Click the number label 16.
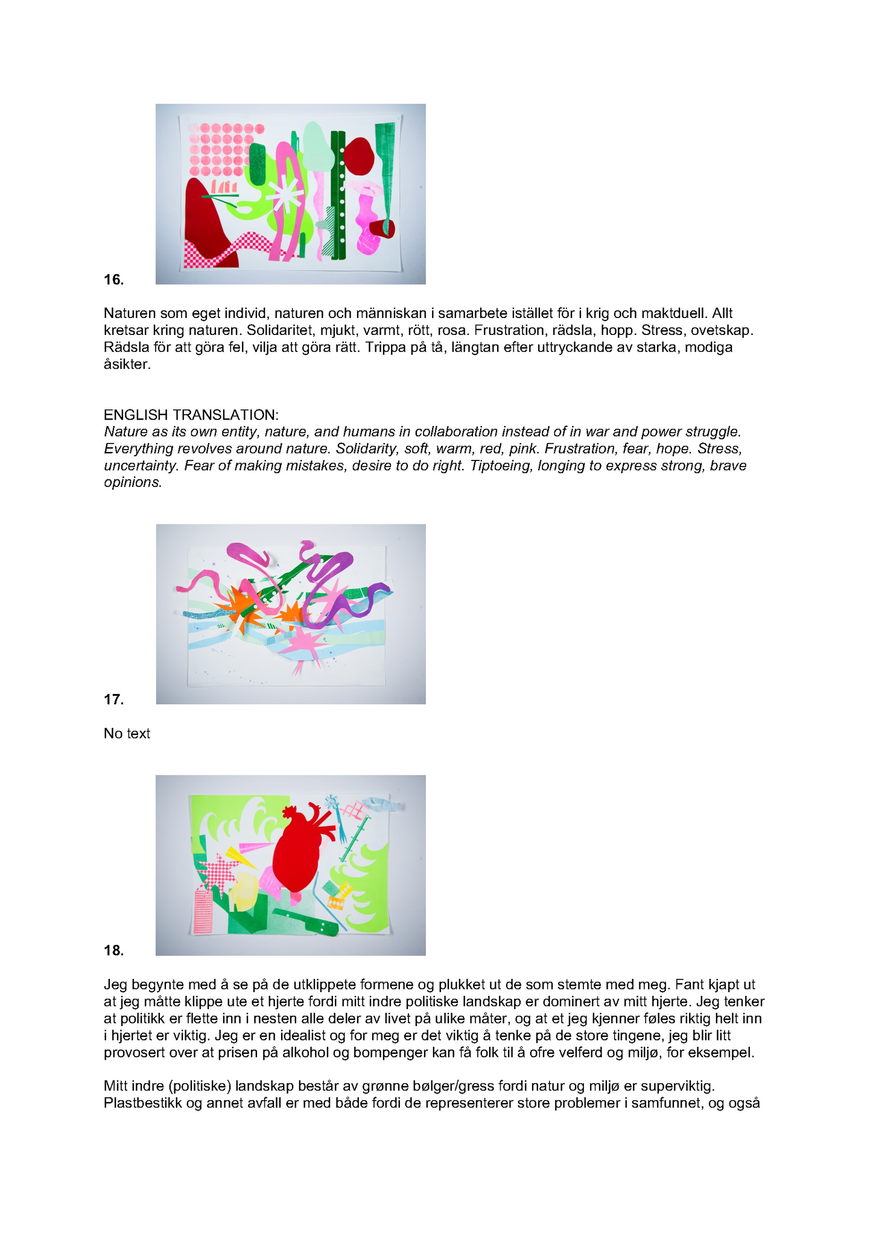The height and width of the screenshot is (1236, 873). click(113, 279)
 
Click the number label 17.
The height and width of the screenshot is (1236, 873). click(113, 699)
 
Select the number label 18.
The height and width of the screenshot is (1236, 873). click(113, 951)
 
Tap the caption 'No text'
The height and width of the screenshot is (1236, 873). click(127, 733)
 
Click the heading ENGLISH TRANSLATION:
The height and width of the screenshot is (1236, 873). click(191, 415)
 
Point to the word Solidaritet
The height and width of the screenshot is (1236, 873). click(279, 330)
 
